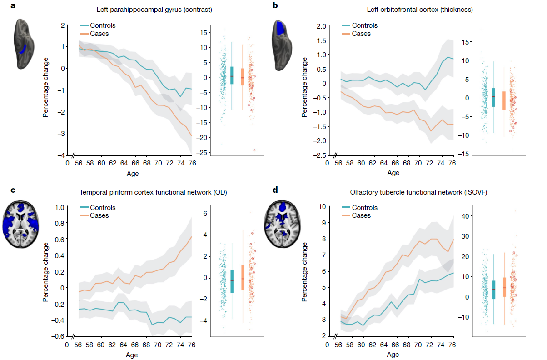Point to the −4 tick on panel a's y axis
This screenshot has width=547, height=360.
click(x=60, y=155)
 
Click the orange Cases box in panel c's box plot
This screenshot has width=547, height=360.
click(x=243, y=277)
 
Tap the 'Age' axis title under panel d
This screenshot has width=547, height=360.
click(x=393, y=354)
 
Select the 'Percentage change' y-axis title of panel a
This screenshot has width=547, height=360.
click(x=46, y=90)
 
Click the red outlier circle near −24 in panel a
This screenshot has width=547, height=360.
click(x=254, y=150)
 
